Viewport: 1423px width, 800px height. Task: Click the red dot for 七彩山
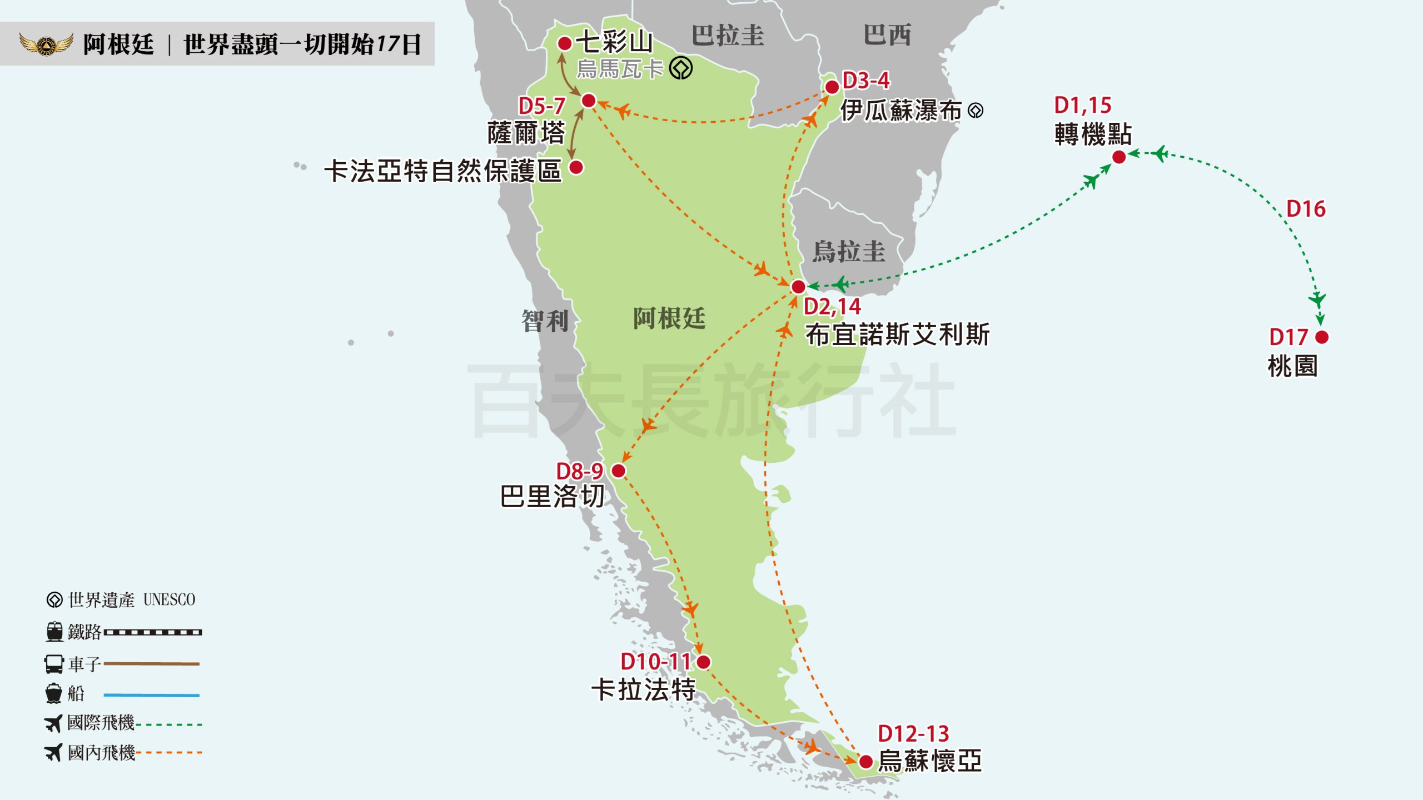(565, 43)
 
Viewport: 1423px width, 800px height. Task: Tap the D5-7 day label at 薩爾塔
(541, 106)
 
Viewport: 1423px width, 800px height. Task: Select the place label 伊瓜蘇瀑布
(900, 111)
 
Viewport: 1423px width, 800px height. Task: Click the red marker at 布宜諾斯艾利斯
(798, 287)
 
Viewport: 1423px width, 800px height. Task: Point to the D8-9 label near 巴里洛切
(579, 471)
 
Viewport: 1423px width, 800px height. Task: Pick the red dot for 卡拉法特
(704, 662)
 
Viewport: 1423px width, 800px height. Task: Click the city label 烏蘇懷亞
(930, 761)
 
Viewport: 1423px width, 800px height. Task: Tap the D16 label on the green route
(1306, 209)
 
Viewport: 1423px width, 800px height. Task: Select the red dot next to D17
(1322, 337)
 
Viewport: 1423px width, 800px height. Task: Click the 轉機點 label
(1093, 134)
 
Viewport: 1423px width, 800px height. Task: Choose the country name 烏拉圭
(848, 252)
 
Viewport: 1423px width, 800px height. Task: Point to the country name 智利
(545, 321)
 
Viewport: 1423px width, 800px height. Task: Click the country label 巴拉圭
(728, 36)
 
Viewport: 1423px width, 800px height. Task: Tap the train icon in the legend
(54, 632)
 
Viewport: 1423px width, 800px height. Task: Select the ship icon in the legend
(54, 693)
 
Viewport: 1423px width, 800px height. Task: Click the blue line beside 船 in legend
(151, 695)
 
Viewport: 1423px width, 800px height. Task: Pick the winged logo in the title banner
(46, 44)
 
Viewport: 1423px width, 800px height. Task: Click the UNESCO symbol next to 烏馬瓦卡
(681, 69)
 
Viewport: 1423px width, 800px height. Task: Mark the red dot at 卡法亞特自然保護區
(576, 167)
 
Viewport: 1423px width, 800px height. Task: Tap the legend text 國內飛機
(101, 753)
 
